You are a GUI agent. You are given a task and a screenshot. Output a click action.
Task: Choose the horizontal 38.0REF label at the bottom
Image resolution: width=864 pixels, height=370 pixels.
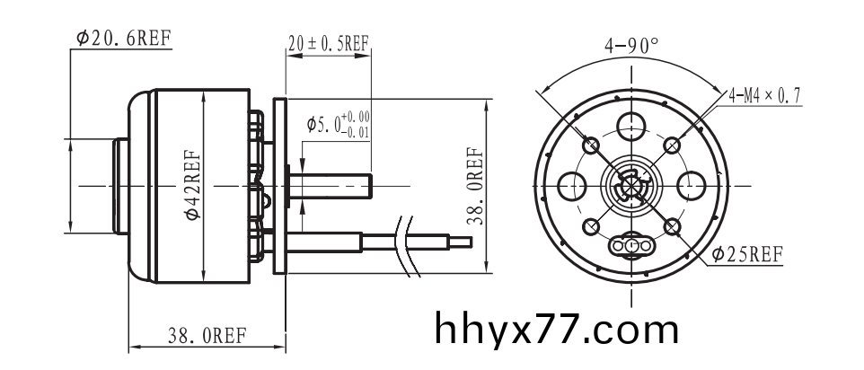(x=207, y=337)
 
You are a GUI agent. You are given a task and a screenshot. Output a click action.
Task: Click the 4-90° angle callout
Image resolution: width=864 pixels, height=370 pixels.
(x=631, y=45)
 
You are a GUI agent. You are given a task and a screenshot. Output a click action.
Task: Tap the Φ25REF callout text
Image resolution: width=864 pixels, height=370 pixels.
(x=747, y=255)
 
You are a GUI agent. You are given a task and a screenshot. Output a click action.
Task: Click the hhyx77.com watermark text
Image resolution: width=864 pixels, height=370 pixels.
(x=557, y=330)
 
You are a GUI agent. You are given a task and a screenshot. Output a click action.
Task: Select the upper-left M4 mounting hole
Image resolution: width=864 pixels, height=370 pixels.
(x=592, y=145)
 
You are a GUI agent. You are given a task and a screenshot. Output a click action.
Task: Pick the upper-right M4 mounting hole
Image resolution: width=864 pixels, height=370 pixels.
(x=673, y=144)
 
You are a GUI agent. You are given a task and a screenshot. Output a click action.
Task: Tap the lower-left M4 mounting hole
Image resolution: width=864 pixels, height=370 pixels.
(x=591, y=226)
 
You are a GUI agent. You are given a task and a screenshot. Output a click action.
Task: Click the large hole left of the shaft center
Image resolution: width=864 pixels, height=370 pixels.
(x=571, y=186)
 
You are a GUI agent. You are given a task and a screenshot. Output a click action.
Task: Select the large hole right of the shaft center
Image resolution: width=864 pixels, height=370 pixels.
(x=692, y=186)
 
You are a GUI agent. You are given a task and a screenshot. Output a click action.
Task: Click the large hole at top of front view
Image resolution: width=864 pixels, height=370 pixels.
(x=632, y=125)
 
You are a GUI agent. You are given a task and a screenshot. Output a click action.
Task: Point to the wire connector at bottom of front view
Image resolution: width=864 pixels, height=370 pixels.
(x=632, y=245)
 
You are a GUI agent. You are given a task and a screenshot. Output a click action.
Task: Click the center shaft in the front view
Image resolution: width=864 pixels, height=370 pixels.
(x=632, y=186)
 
